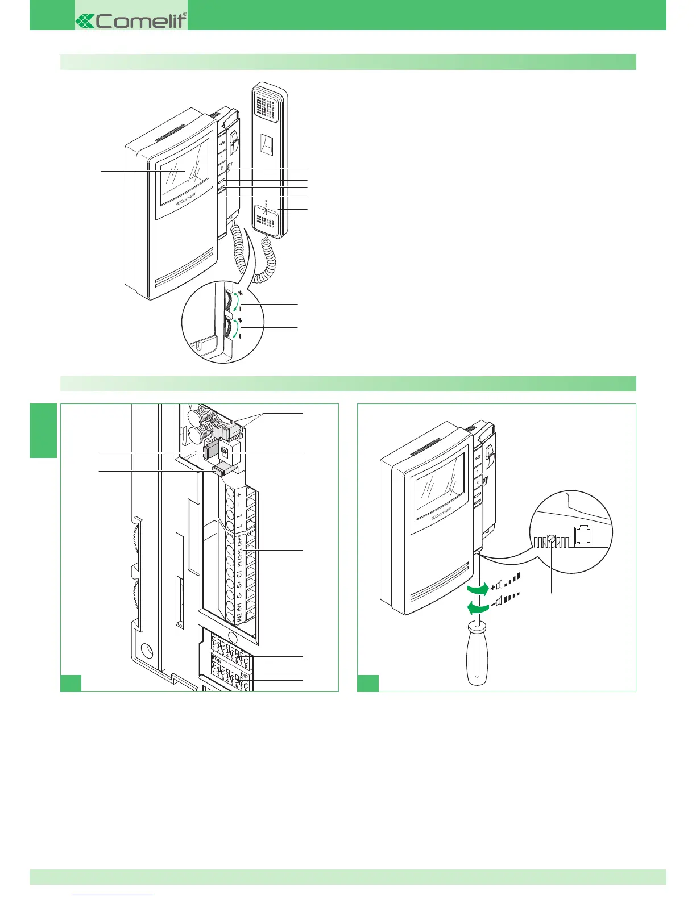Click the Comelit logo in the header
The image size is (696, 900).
pos(131,21)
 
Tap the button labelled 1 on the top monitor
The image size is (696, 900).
pos(221,157)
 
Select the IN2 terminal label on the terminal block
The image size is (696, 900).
pos(239,617)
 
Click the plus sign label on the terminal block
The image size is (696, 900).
pos(239,495)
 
